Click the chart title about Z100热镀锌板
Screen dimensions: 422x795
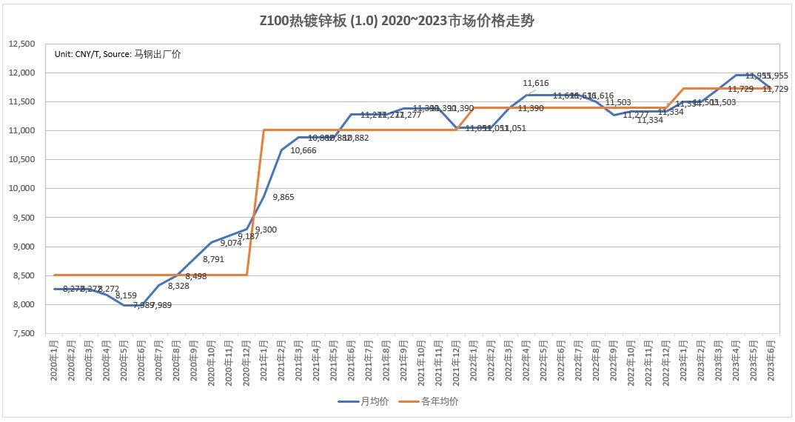397,21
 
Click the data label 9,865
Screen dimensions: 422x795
284,197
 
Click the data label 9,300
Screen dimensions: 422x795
266,230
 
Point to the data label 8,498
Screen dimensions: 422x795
196,276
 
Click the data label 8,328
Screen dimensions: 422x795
178,286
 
